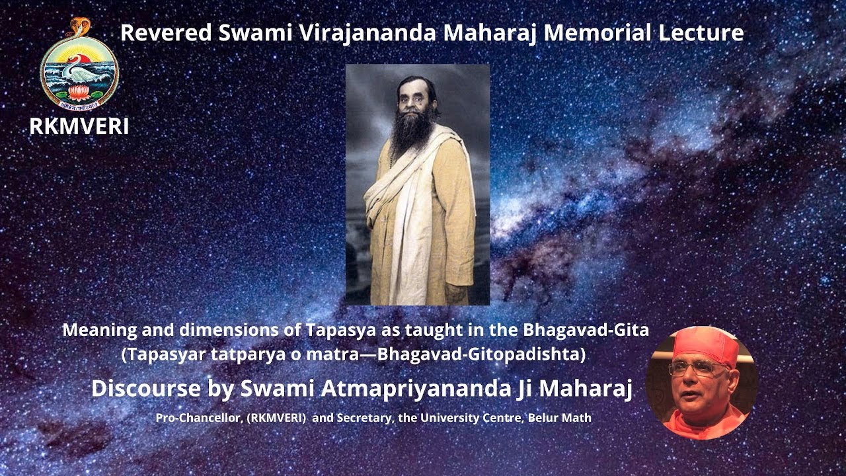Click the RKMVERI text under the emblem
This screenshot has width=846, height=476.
(x=79, y=126)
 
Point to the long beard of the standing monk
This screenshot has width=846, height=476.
(x=411, y=129)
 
